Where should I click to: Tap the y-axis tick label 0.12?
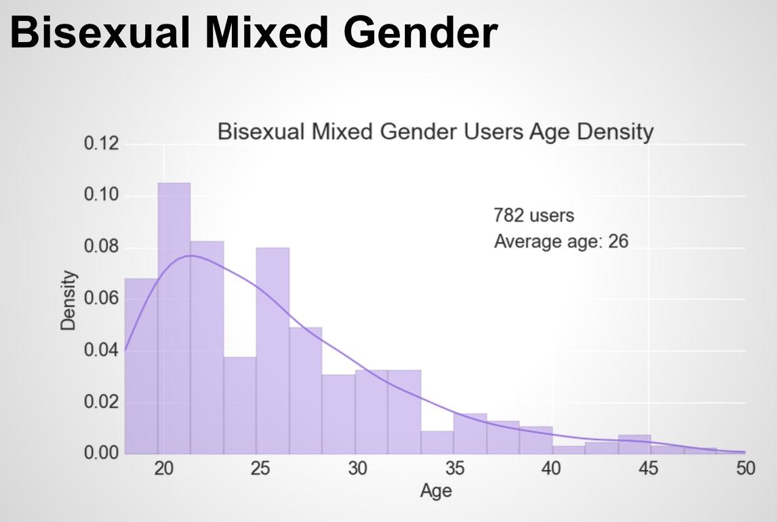101,144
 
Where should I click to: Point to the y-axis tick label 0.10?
101,196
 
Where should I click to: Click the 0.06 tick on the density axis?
101,299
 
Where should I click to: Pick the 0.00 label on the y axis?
101,453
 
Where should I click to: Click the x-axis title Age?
435,490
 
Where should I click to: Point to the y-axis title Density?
68,300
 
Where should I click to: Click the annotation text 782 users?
534,216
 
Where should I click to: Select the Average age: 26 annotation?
561,241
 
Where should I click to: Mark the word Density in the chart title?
614,132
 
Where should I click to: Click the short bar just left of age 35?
437,442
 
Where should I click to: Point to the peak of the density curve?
190,256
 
